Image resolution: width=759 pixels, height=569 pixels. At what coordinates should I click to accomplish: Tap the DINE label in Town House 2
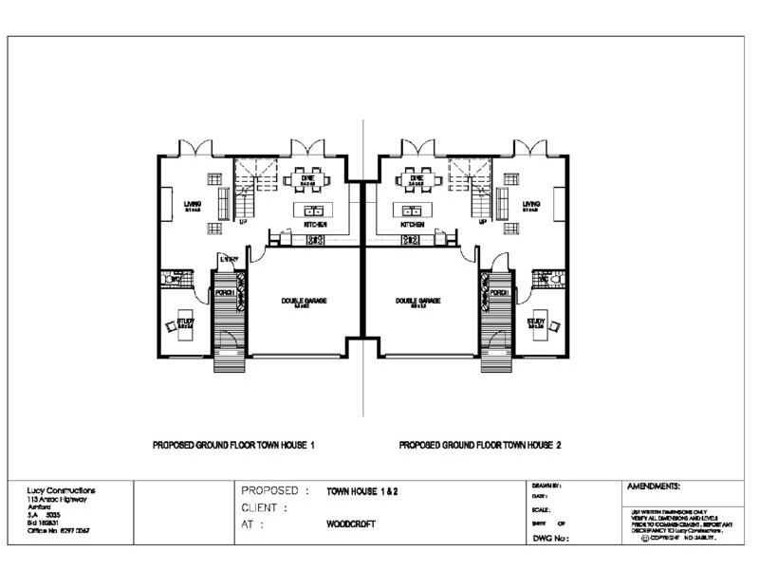[415, 177]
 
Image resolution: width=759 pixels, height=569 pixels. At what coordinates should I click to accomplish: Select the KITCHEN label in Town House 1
[315, 225]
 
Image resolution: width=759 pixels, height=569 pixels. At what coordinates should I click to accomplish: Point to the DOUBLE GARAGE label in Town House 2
[415, 301]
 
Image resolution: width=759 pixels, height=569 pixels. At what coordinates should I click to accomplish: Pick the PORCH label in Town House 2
[499, 293]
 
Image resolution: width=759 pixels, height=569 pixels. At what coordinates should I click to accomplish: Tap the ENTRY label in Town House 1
[228, 258]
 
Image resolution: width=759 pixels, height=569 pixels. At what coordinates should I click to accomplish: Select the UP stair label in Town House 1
[243, 222]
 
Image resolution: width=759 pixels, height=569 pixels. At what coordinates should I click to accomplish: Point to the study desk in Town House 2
[540, 320]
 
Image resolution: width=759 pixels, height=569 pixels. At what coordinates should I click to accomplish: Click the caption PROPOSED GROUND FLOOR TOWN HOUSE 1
[233, 444]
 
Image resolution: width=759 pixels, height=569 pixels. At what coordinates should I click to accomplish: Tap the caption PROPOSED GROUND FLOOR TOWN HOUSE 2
[480, 444]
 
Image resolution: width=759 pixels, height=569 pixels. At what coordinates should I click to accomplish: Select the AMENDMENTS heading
[654, 486]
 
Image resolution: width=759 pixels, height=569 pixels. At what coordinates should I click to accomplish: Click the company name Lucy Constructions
[61, 490]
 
